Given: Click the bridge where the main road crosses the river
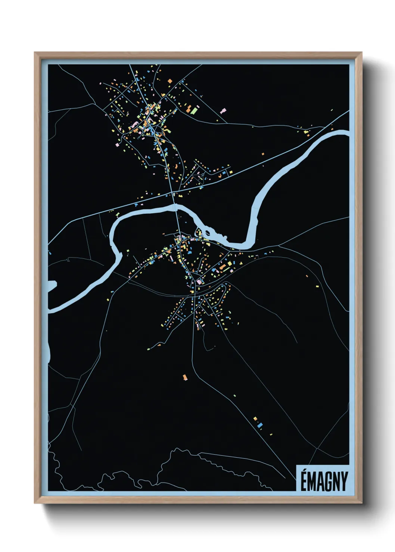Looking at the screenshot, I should [176, 207].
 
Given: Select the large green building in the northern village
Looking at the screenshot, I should [194, 110].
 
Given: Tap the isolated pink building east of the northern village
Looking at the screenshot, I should [224, 111].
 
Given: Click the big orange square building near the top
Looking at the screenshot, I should [169, 81].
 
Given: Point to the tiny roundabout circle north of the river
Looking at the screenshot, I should [202, 174].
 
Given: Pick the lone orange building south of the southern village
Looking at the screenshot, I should [184, 377].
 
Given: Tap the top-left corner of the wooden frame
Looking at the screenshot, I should [35, 53].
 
